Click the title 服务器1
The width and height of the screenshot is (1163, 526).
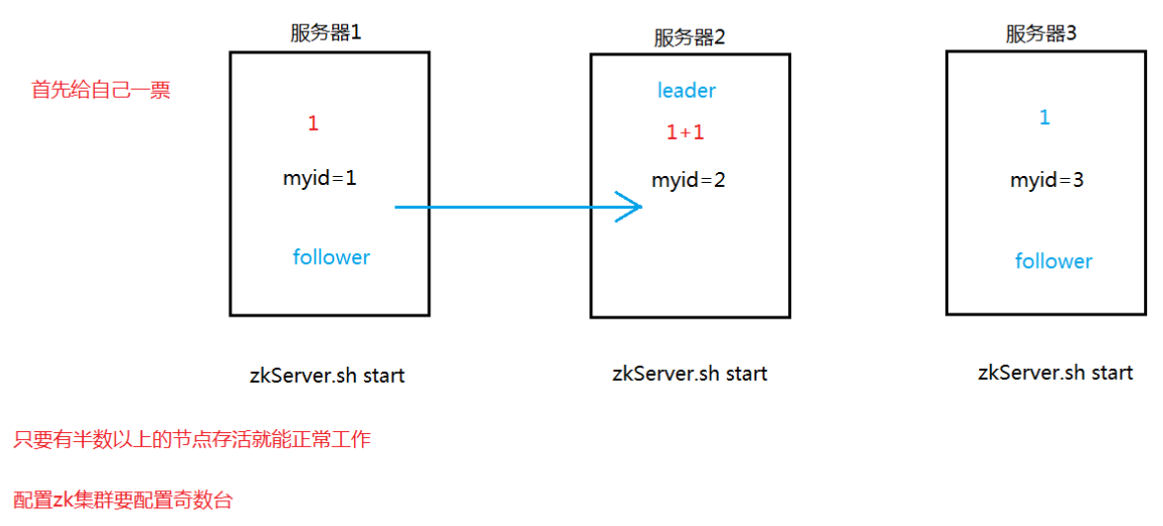326,33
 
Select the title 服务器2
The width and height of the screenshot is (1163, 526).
689,38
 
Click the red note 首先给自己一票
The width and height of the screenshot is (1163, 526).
101,90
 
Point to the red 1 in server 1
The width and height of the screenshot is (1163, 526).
313,124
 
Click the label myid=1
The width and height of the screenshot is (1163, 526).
319,179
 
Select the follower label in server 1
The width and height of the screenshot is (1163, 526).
331,257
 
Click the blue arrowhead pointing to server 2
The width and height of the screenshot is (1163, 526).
633,208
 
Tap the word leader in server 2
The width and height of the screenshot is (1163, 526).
686,91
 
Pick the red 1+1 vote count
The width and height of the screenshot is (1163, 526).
684,132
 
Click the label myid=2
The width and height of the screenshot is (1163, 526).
688,181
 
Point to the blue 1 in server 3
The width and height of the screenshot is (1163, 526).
1044,118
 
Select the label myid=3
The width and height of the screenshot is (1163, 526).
1046,181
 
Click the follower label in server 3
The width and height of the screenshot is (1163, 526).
1053,261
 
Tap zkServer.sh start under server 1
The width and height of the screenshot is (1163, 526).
326,376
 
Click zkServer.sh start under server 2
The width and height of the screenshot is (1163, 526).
689,374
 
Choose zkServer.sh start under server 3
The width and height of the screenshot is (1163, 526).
1055,373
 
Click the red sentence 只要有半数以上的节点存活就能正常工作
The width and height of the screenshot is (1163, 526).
192,440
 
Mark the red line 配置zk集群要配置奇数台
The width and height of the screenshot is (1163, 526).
124,500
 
